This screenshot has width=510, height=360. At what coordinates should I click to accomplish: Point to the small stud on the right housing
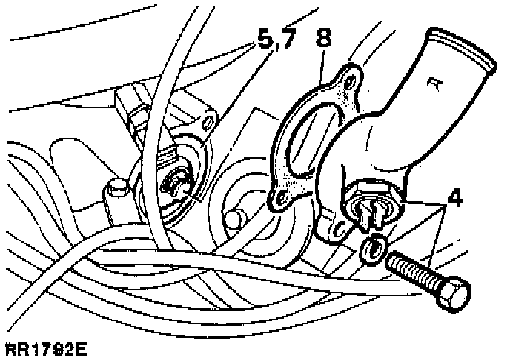(x=236, y=219)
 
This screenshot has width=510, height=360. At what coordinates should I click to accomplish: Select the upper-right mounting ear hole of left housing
(x=208, y=119)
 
